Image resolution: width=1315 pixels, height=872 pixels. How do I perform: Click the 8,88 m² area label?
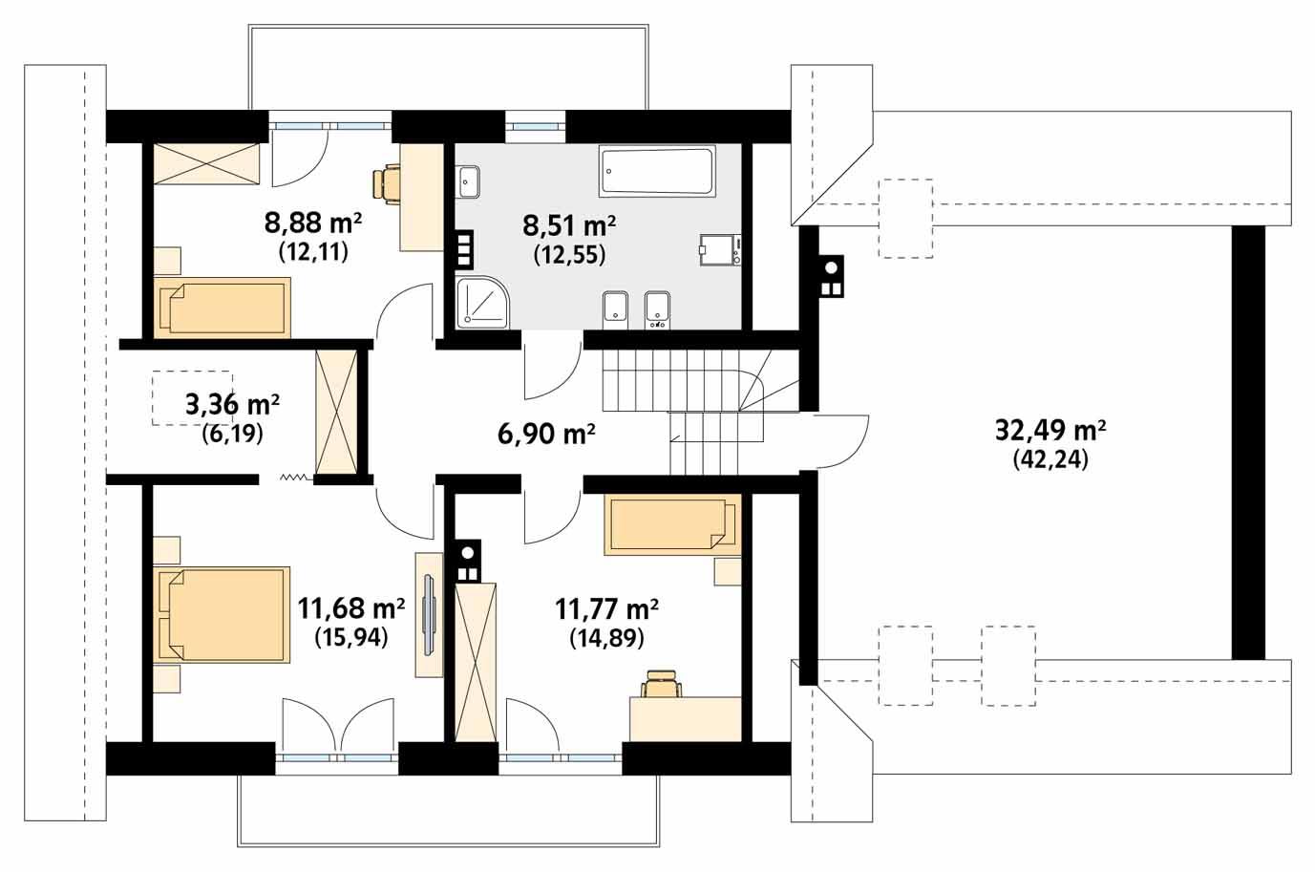312,224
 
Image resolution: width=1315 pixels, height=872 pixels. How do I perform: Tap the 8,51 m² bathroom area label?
568,226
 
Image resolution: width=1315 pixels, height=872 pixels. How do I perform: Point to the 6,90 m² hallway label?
546,435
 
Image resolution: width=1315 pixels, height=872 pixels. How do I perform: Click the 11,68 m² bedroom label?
350,607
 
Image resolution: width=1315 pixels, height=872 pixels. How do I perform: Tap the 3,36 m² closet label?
232,405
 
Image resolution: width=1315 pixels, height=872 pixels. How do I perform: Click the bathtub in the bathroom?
656,171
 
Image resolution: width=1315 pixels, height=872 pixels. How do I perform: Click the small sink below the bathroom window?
469,179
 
